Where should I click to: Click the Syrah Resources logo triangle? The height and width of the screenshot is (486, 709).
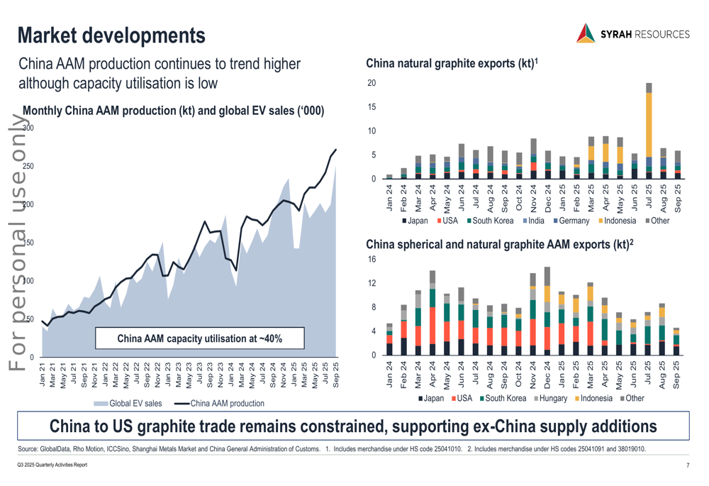pyautogui.click(x=586, y=33)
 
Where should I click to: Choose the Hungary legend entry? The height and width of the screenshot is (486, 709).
pyautogui.click(x=552, y=398)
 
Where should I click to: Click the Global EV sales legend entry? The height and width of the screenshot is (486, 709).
pyautogui.click(x=130, y=404)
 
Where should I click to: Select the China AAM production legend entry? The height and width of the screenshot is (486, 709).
pyautogui.click(x=219, y=404)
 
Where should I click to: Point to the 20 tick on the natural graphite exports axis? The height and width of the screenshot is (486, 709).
pyautogui.click(x=372, y=84)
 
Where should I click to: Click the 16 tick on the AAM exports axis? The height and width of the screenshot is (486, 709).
pyautogui.click(x=372, y=260)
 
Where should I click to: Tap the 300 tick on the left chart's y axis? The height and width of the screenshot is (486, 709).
pyautogui.click(x=28, y=128)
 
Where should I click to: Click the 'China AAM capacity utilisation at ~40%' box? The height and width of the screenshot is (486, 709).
pyautogui.click(x=199, y=338)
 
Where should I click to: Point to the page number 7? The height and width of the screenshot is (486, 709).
pyautogui.click(x=688, y=465)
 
